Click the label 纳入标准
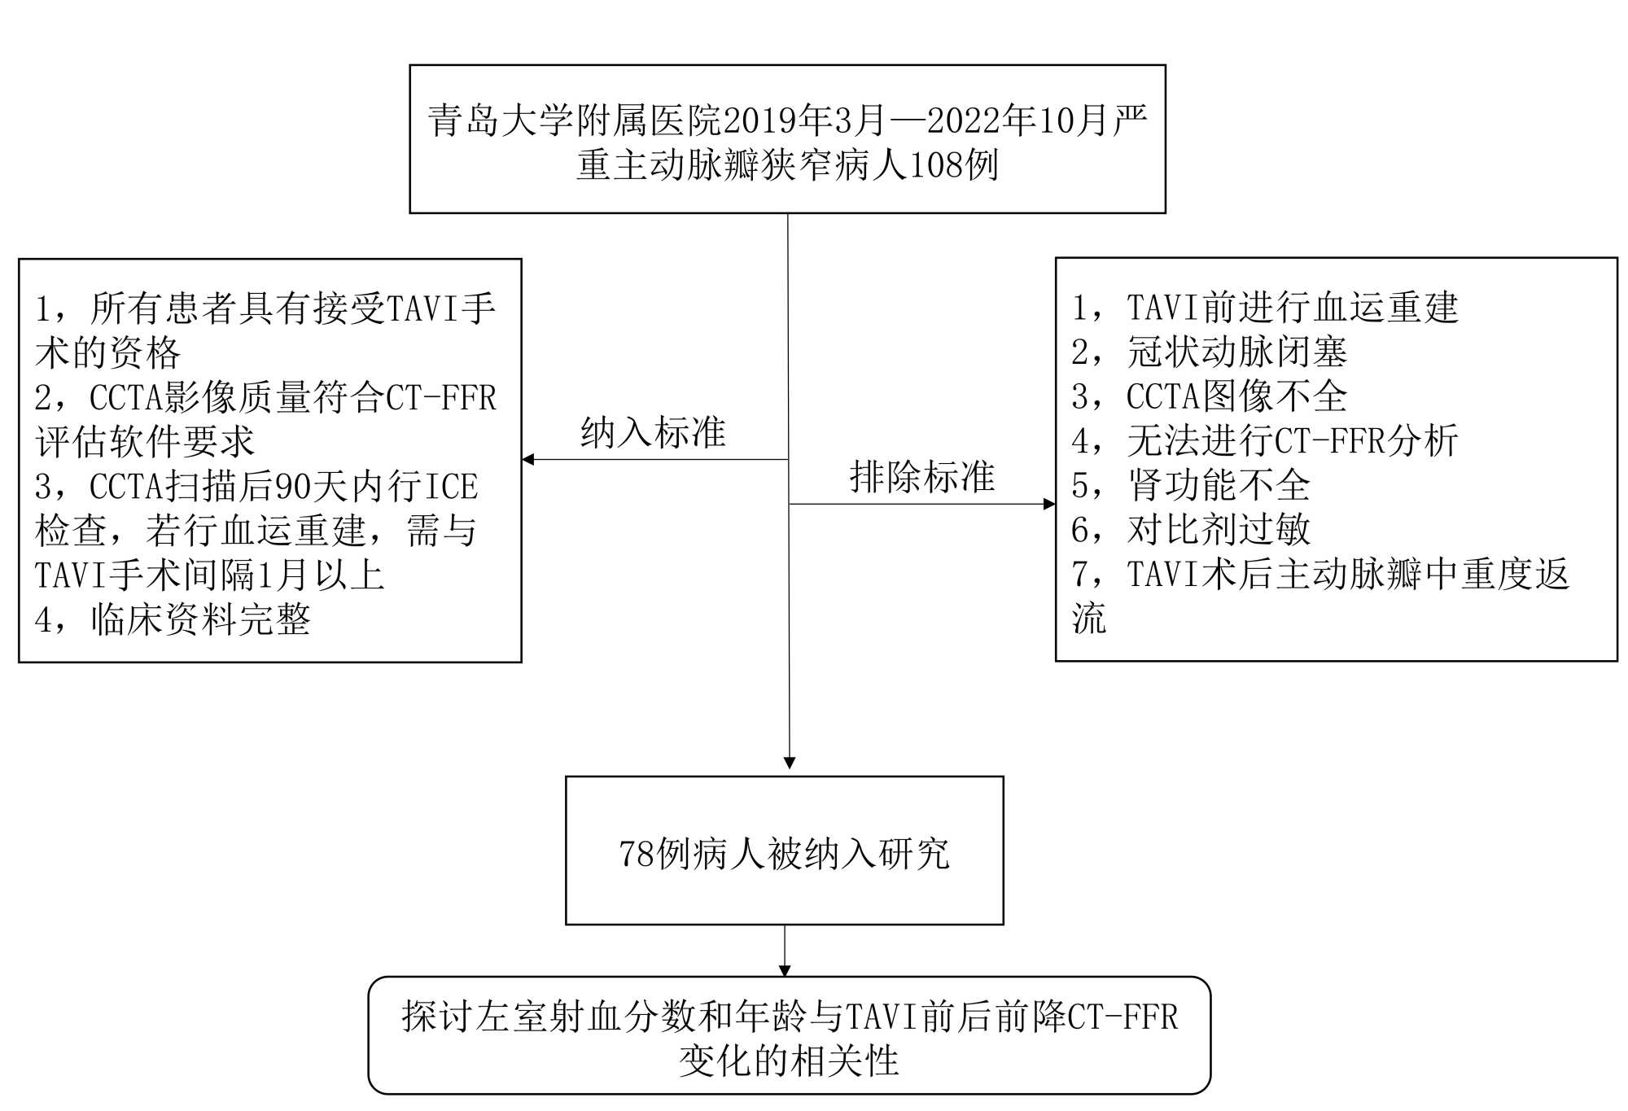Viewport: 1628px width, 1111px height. (653, 432)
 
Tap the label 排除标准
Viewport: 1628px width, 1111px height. (921, 477)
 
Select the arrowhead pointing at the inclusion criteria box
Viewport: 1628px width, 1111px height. (528, 460)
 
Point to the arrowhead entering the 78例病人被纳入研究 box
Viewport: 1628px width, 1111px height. (789, 763)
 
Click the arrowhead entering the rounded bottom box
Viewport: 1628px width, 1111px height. (785, 970)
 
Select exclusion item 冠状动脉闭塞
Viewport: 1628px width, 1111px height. (1236, 352)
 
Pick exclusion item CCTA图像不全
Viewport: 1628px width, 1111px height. (1236, 396)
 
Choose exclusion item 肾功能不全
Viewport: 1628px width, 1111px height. (1219, 486)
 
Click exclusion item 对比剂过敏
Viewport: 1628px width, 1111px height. (1219, 530)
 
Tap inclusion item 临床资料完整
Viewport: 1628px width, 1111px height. (200, 620)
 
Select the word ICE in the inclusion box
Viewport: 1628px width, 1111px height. (452, 487)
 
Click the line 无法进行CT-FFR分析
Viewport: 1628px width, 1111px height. (1293, 441)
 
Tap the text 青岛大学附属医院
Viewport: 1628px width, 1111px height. (575, 121)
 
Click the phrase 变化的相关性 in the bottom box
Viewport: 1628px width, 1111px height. (789, 1061)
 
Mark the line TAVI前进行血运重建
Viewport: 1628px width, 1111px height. (1293, 308)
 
